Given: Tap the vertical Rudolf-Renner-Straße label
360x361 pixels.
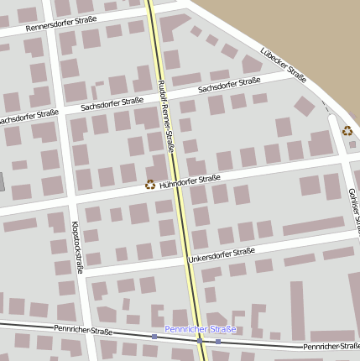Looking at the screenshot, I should pyautogui.click(x=166, y=117).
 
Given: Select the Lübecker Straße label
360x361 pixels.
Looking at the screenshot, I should pyautogui.click(x=283, y=65).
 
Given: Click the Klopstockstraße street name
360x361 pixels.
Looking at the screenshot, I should pyautogui.click(x=77, y=248).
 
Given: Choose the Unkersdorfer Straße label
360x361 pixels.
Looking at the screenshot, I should pyautogui.click(x=222, y=254).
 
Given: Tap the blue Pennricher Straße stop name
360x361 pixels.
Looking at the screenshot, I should pyautogui.click(x=201, y=329).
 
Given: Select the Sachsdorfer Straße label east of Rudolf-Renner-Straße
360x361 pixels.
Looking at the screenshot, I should pyautogui.click(x=229, y=85).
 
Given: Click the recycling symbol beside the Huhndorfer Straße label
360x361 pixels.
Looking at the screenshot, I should pyautogui.click(x=150, y=185).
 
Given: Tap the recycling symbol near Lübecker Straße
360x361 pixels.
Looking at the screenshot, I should pyautogui.click(x=347, y=130).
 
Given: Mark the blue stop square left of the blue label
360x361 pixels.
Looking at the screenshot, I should pyautogui.click(x=154, y=337).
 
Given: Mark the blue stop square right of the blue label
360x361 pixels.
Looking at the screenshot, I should pyautogui.click(x=218, y=341).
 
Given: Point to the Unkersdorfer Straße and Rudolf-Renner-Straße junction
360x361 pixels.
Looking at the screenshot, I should pyautogui.click(x=186, y=259).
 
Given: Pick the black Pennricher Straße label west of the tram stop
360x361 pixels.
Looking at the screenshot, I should pyautogui.click(x=83, y=331).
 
